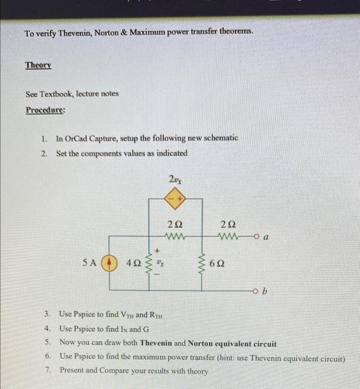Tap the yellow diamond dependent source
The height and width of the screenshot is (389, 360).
tap(176, 199)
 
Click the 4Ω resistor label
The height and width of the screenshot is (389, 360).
tap(133, 262)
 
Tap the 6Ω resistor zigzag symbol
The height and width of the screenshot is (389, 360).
tap(203, 262)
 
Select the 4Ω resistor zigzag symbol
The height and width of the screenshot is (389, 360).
tap(148, 262)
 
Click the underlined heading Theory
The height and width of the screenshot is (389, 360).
tap(38, 65)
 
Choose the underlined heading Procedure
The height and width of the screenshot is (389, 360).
tap(45, 109)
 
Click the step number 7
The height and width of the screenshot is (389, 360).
tap(49, 370)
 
